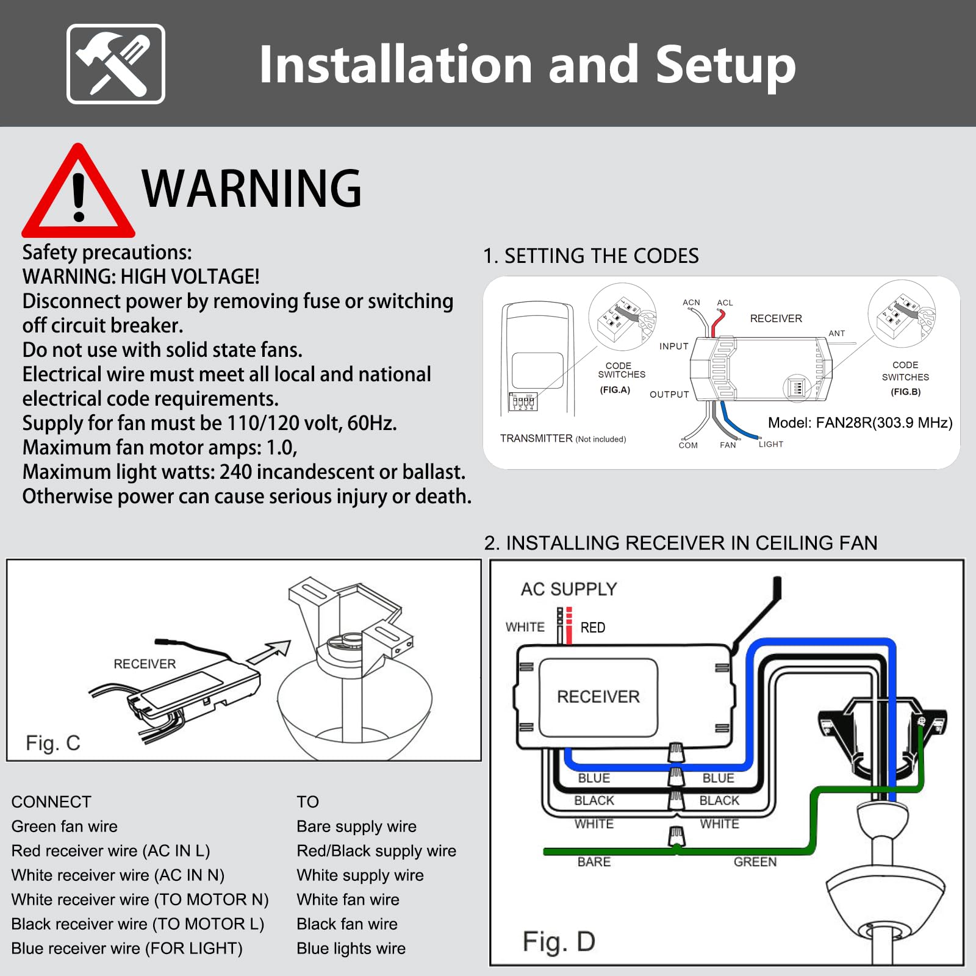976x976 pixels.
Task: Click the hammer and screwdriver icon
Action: [x=115, y=64]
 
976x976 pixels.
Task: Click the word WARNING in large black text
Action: [x=251, y=188]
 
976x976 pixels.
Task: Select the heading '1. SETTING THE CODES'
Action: [x=590, y=256]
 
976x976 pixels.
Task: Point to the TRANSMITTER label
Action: [x=536, y=439]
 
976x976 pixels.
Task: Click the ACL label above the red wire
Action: [x=725, y=303]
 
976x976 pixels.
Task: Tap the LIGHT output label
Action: [x=770, y=444]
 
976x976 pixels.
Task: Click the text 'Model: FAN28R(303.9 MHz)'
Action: [x=859, y=423]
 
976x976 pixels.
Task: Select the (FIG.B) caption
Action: [x=905, y=392]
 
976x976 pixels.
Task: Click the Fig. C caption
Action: [x=53, y=742]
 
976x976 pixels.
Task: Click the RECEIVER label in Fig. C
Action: [x=145, y=664]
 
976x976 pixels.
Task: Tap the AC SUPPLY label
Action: [x=569, y=589]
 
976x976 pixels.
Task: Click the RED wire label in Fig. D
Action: [x=592, y=628]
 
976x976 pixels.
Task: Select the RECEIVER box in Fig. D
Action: [x=598, y=697]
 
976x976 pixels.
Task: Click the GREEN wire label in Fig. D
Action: [x=755, y=862]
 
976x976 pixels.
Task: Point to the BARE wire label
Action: [x=594, y=862]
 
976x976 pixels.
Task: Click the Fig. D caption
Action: [x=559, y=941]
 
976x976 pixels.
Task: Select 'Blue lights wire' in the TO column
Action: [x=351, y=949]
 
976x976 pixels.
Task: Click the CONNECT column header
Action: [x=51, y=802]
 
